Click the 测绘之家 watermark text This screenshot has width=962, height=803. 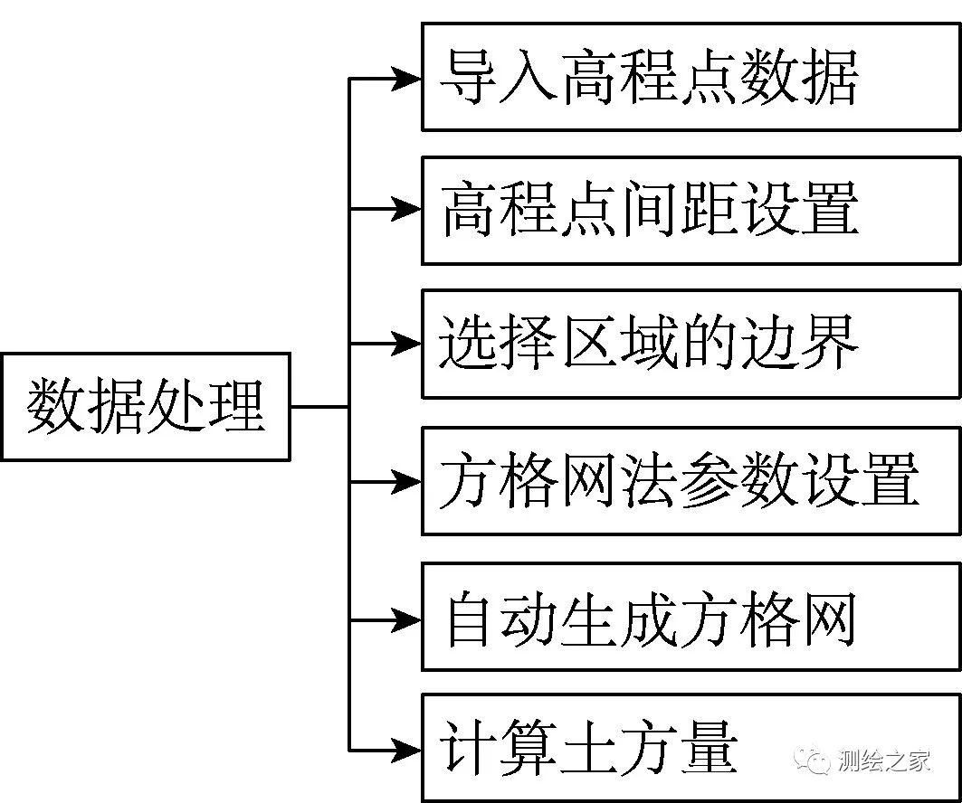pos(884,760)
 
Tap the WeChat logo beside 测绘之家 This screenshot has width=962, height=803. pos(813,760)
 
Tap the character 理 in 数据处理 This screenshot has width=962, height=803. pos(236,405)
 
